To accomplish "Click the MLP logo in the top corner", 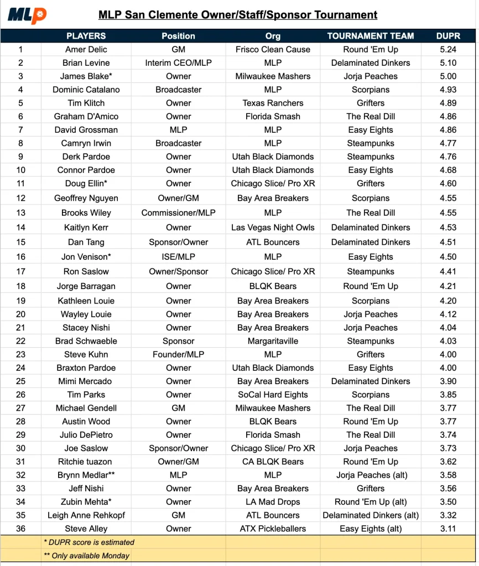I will pos(27,15).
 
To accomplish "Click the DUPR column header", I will pos(448,36).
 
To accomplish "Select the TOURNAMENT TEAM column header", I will pos(371,36).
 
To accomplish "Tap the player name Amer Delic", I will pos(86,49).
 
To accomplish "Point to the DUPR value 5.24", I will pos(448,49).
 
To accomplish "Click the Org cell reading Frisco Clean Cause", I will pos(273,49).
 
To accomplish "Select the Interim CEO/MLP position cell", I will pos(178,63).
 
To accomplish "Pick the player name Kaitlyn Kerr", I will pos(86,227).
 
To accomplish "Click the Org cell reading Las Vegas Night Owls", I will pos(273,227).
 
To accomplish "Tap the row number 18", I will pos(21,286).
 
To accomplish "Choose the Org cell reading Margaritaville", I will pos(273,341).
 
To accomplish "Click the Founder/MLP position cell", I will pos(178,354).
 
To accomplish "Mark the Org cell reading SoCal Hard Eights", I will pos(273,395).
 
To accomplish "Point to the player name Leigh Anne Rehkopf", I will pos(86,515).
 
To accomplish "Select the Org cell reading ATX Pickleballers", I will pos(273,528).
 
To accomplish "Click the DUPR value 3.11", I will pos(448,528).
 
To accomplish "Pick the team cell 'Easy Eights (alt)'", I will pos(371,528).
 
